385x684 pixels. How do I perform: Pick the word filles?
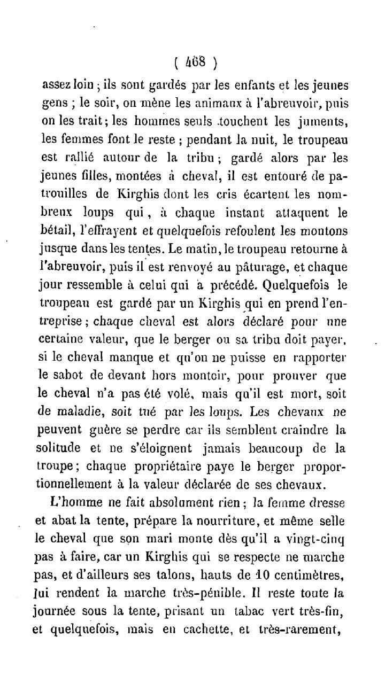[98, 176]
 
